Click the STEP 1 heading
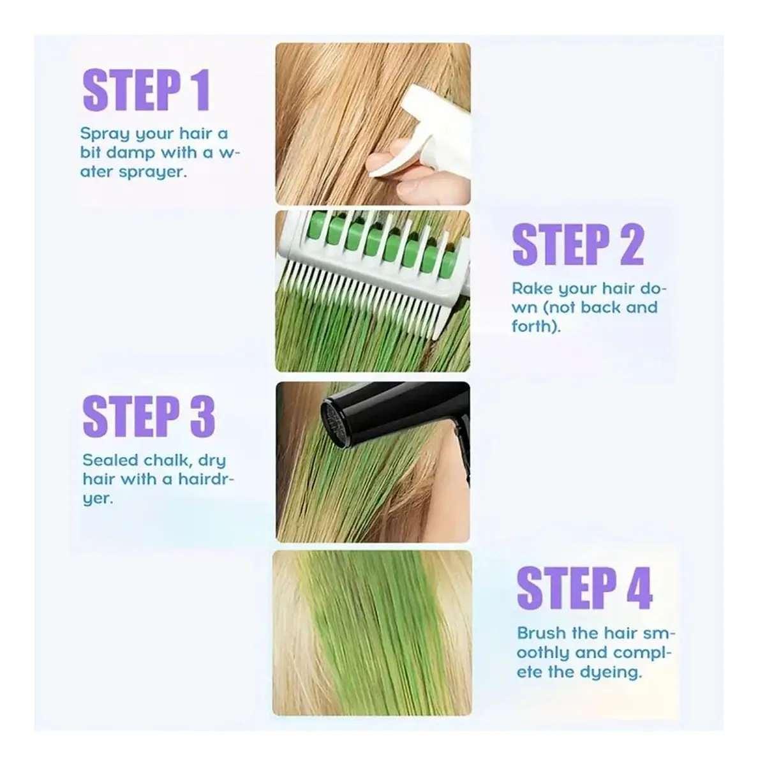[x=146, y=90]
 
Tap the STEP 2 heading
[x=577, y=244]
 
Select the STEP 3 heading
[x=148, y=416]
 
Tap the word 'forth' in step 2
[x=534, y=326]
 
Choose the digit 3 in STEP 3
[x=203, y=416]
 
